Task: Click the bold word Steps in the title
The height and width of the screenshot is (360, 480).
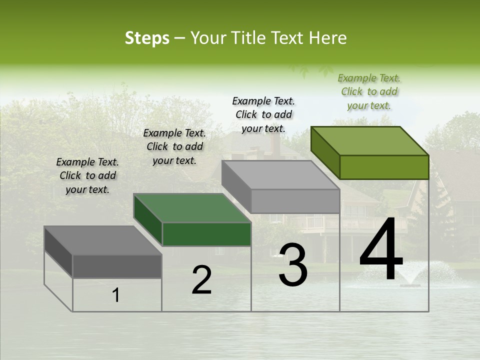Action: tap(147, 38)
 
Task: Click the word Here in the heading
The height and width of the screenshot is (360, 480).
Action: tap(328, 38)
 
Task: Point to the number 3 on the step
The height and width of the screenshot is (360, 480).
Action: tap(293, 265)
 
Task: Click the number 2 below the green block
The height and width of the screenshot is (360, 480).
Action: tap(201, 280)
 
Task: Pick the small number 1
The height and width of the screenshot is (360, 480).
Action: tap(116, 295)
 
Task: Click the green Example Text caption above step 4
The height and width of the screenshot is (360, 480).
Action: tap(369, 92)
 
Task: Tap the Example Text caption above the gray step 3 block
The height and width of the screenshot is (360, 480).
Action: tap(263, 114)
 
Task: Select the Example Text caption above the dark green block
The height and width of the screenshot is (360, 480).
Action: tap(174, 146)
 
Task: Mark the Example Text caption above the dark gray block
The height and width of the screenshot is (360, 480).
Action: tap(87, 175)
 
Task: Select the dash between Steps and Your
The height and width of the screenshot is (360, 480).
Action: tap(179, 38)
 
